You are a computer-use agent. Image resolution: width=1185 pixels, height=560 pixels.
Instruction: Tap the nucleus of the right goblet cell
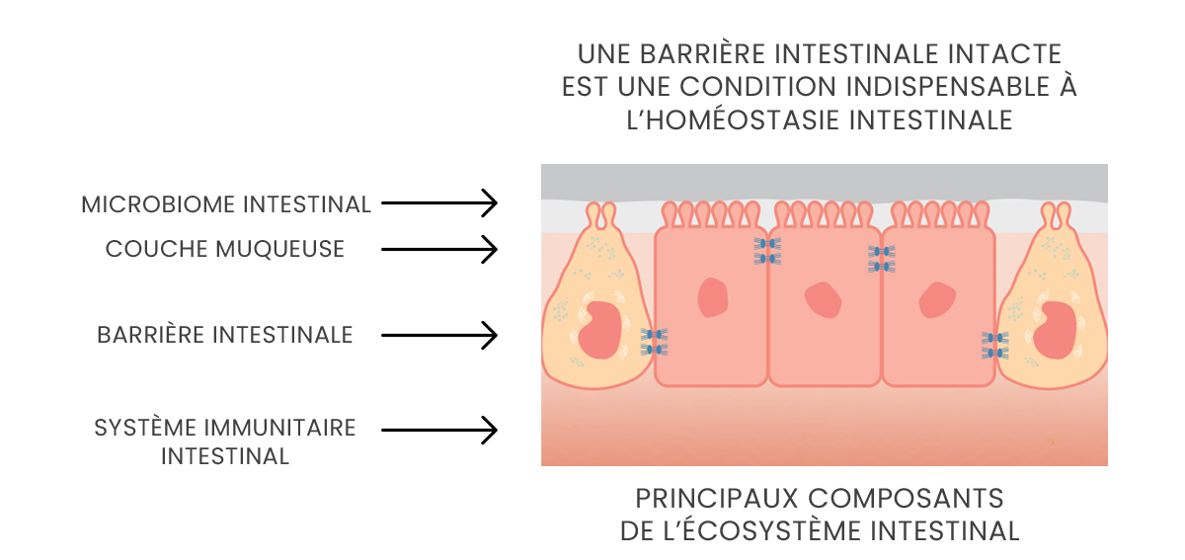pos(1054,330)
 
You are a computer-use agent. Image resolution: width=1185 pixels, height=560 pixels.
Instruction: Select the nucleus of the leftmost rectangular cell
pos(712,297)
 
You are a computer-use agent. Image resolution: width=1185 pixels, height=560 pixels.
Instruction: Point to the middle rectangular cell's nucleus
pos(823,300)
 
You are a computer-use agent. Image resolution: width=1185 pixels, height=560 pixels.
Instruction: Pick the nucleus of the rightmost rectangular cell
pos(937,299)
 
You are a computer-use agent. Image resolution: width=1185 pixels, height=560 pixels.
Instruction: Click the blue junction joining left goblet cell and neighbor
pos(654,342)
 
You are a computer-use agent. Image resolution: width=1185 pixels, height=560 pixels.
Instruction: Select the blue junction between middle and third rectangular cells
pos(881,259)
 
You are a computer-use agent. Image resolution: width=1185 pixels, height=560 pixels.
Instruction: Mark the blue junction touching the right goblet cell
pos(994,345)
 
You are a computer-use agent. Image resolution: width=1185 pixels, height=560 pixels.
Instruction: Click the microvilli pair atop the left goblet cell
pos(600,214)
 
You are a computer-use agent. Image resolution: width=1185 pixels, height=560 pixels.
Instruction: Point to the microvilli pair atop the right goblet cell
pos(1056,214)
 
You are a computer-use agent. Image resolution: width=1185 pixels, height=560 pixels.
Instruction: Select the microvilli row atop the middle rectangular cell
pos(824,214)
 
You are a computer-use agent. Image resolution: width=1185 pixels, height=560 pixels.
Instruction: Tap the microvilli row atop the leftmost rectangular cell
pos(711,214)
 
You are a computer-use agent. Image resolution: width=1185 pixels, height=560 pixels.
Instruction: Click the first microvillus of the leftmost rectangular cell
pos(670,213)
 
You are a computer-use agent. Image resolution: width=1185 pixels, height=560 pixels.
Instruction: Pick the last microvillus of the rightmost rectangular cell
pos(982,213)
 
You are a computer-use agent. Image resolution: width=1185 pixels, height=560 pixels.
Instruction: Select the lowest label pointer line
pos(434,430)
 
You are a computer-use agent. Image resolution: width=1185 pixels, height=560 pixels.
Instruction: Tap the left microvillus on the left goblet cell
pos(593,214)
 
